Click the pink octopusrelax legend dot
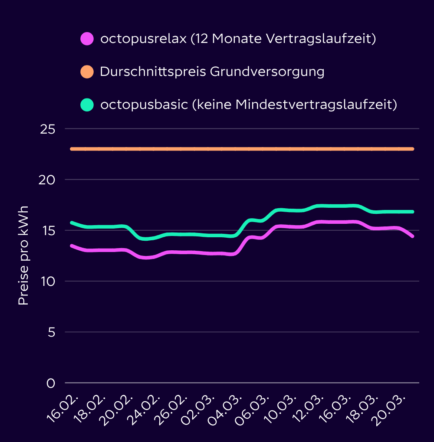[x=87, y=39]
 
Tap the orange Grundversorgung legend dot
[x=87, y=72]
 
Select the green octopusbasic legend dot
[x=87, y=105]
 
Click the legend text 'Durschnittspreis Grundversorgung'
[x=212, y=72]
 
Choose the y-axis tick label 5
[x=51, y=332]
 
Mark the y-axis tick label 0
[x=51, y=383]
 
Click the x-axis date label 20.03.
[x=392, y=408]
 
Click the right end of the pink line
[x=412, y=236]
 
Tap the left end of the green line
[x=72, y=223]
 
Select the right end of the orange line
[x=412, y=149]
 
